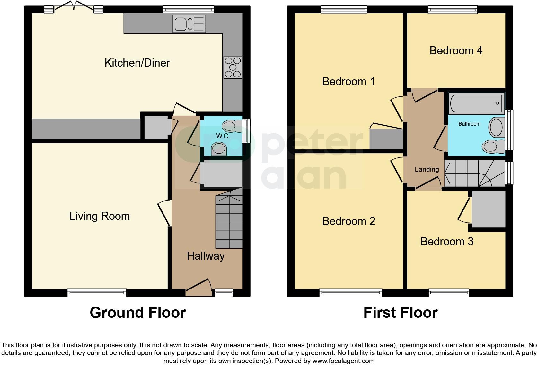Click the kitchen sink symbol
pos(189,24)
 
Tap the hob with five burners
pos(233,67)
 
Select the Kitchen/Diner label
pos(137,63)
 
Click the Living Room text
pos(100,216)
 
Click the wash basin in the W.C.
pos(219,149)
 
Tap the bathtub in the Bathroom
pos(476,103)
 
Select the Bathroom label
pos(469,124)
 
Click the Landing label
pos(427,169)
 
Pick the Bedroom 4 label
pos(456,51)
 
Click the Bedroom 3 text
pos(447,242)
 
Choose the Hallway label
pos(206,256)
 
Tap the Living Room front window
pos(97,293)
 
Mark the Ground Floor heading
pos(138,313)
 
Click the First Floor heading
pos(400,313)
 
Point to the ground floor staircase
pos(229,222)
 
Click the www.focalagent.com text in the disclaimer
pos(343,361)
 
